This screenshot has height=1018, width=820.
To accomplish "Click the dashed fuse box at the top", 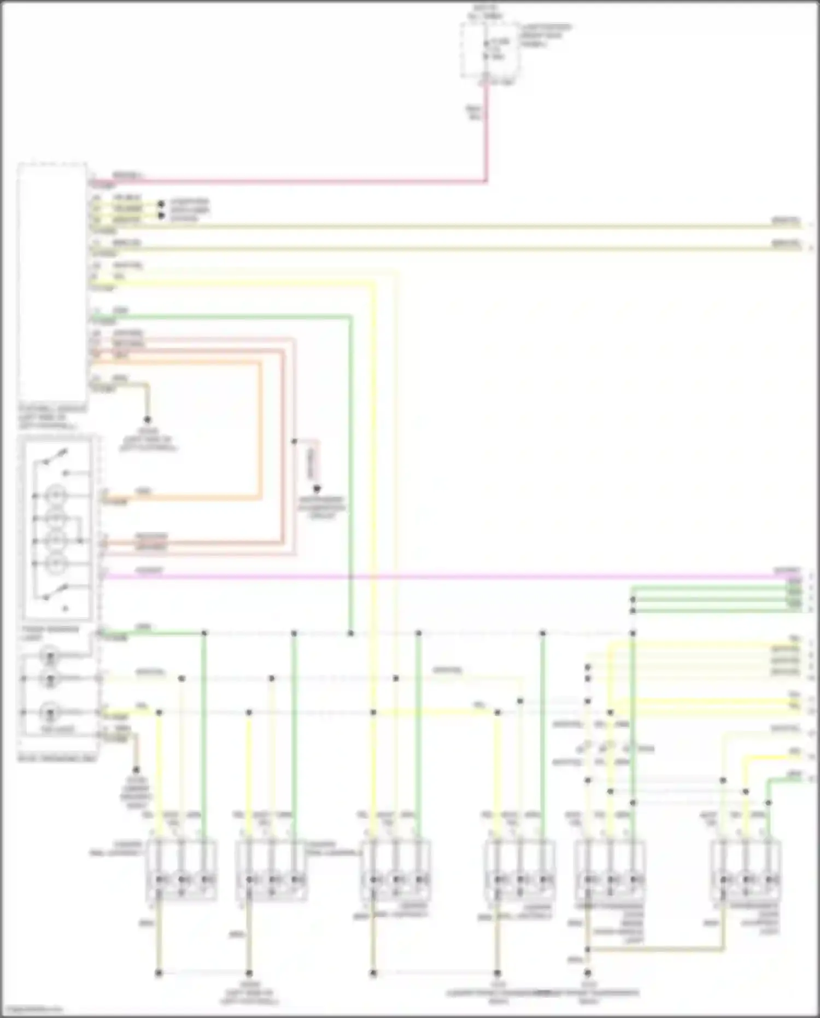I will coord(489,50).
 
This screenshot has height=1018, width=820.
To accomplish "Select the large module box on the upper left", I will coord(52,282).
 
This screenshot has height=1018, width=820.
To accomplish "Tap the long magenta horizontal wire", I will coord(437,576).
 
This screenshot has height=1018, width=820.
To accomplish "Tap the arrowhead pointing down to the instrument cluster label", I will coord(317,488).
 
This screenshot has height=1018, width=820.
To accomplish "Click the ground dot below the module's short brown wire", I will coord(147,420).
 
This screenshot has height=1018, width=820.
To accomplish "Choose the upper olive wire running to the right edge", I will coord(437,226).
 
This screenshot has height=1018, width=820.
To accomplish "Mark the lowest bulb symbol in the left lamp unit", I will coord(51,713).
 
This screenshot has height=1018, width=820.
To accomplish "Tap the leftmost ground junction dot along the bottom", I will coord(159,973).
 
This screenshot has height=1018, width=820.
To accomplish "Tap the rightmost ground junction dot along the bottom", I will coord(588,973).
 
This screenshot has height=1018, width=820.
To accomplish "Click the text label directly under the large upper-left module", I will coord(52,417).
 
